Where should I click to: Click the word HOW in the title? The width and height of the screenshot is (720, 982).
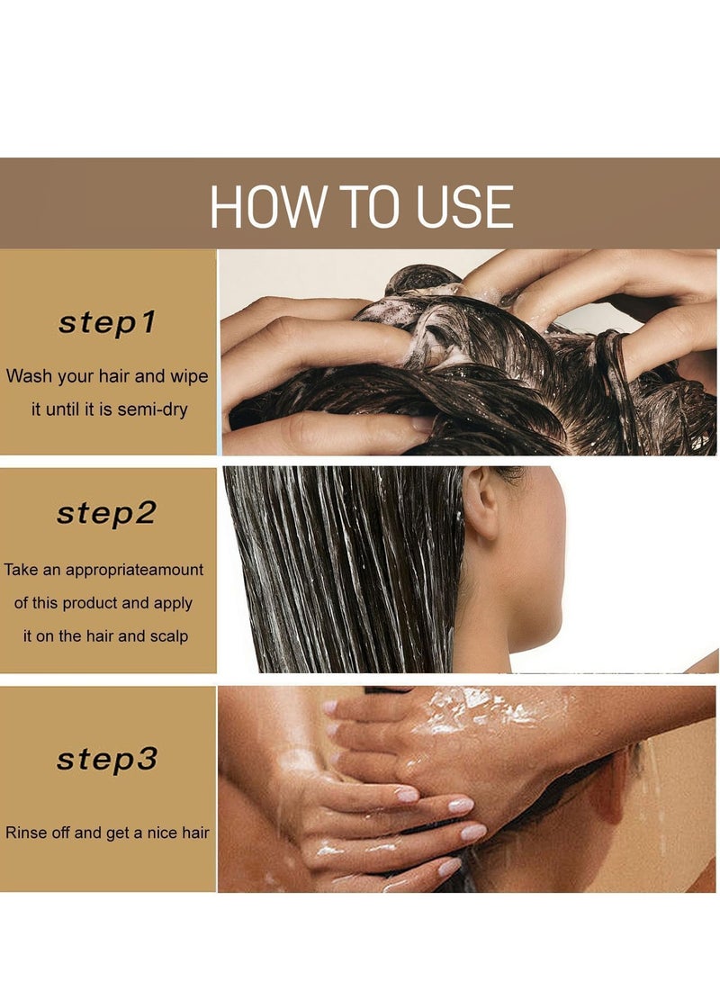click(x=268, y=207)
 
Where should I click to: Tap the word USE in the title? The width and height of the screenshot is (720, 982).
click(x=463, y=207)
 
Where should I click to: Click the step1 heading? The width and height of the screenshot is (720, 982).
click(x=107, y=323)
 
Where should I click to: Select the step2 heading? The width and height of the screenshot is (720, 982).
click(x=106, y=513)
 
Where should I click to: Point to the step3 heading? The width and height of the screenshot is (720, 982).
click(x=106, y=759)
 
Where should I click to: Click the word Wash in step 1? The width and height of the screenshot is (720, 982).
click(x=29, y=375)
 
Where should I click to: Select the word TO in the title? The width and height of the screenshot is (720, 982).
click(x=372, y=207)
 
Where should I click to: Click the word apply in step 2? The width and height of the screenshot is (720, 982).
click(x=173, y=604)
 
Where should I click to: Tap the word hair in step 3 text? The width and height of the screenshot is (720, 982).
click(x=195, y=833)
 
